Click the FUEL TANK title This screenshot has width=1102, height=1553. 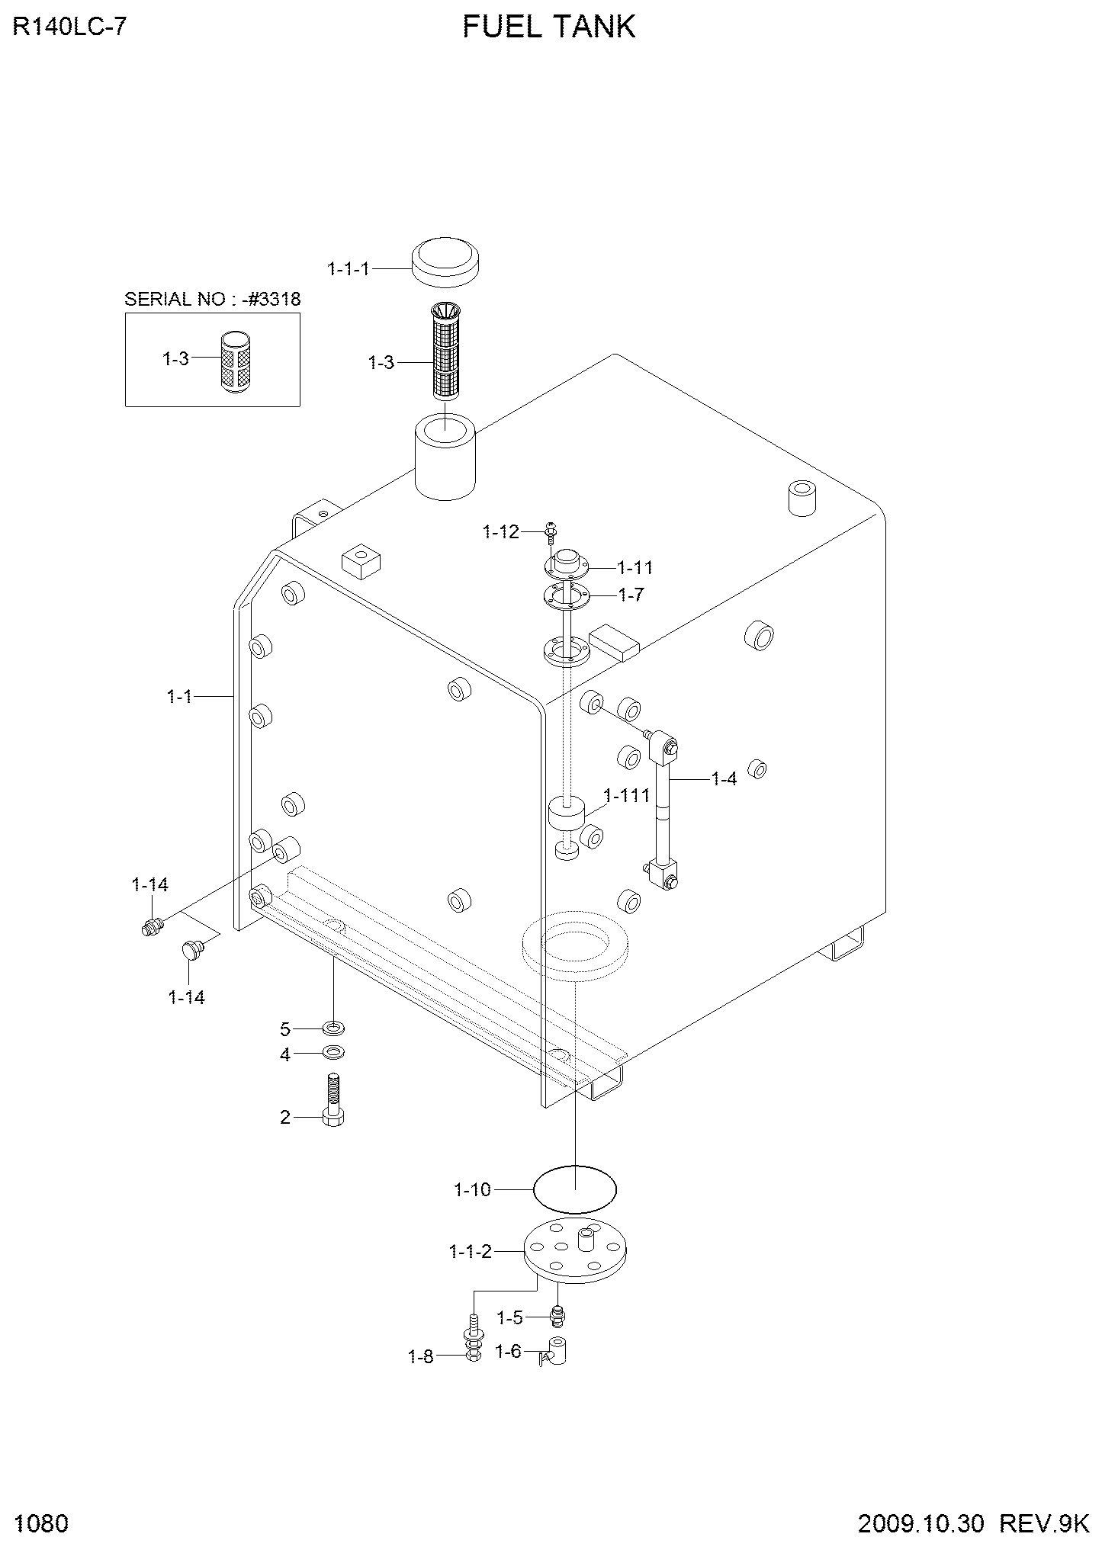(x=549, y=27)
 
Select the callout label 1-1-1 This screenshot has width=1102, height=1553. (x=348, y=268)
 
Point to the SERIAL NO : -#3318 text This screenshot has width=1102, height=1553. (x=213, y=299)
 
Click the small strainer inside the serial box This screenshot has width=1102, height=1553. (x=239, y=362)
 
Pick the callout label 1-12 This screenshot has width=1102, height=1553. (x=500, y=532)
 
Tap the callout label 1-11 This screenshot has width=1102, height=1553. (x=635, y=567)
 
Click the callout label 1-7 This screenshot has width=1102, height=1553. (x=631, y=595)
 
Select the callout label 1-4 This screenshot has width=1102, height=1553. (x=724, y=779)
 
